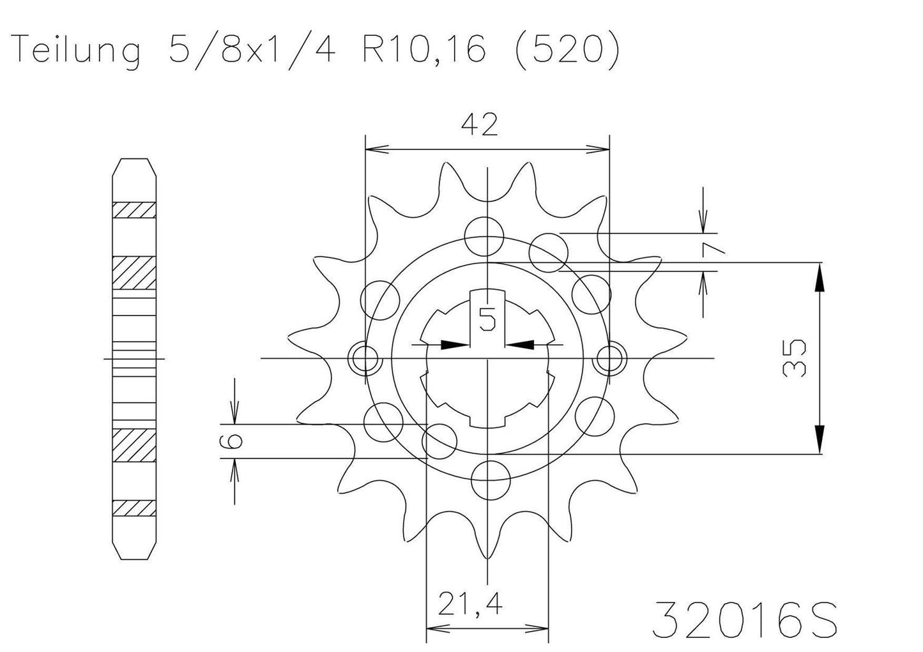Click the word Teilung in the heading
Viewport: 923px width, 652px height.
(77, 50)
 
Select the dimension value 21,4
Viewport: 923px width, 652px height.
(469, 603)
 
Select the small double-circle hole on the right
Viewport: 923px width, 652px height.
(610, 358)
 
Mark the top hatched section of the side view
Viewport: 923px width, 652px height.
(134, 209)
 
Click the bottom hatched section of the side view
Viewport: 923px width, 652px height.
(134, 508)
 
